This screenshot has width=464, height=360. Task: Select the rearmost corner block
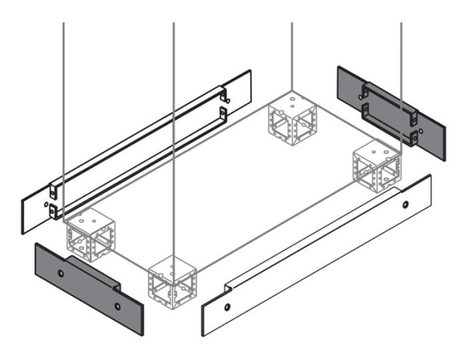[292, 116]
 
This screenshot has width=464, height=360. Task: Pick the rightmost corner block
[376, 167]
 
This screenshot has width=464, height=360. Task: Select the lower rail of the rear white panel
[139, 158]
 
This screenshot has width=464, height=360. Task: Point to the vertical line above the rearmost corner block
[292, 54]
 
